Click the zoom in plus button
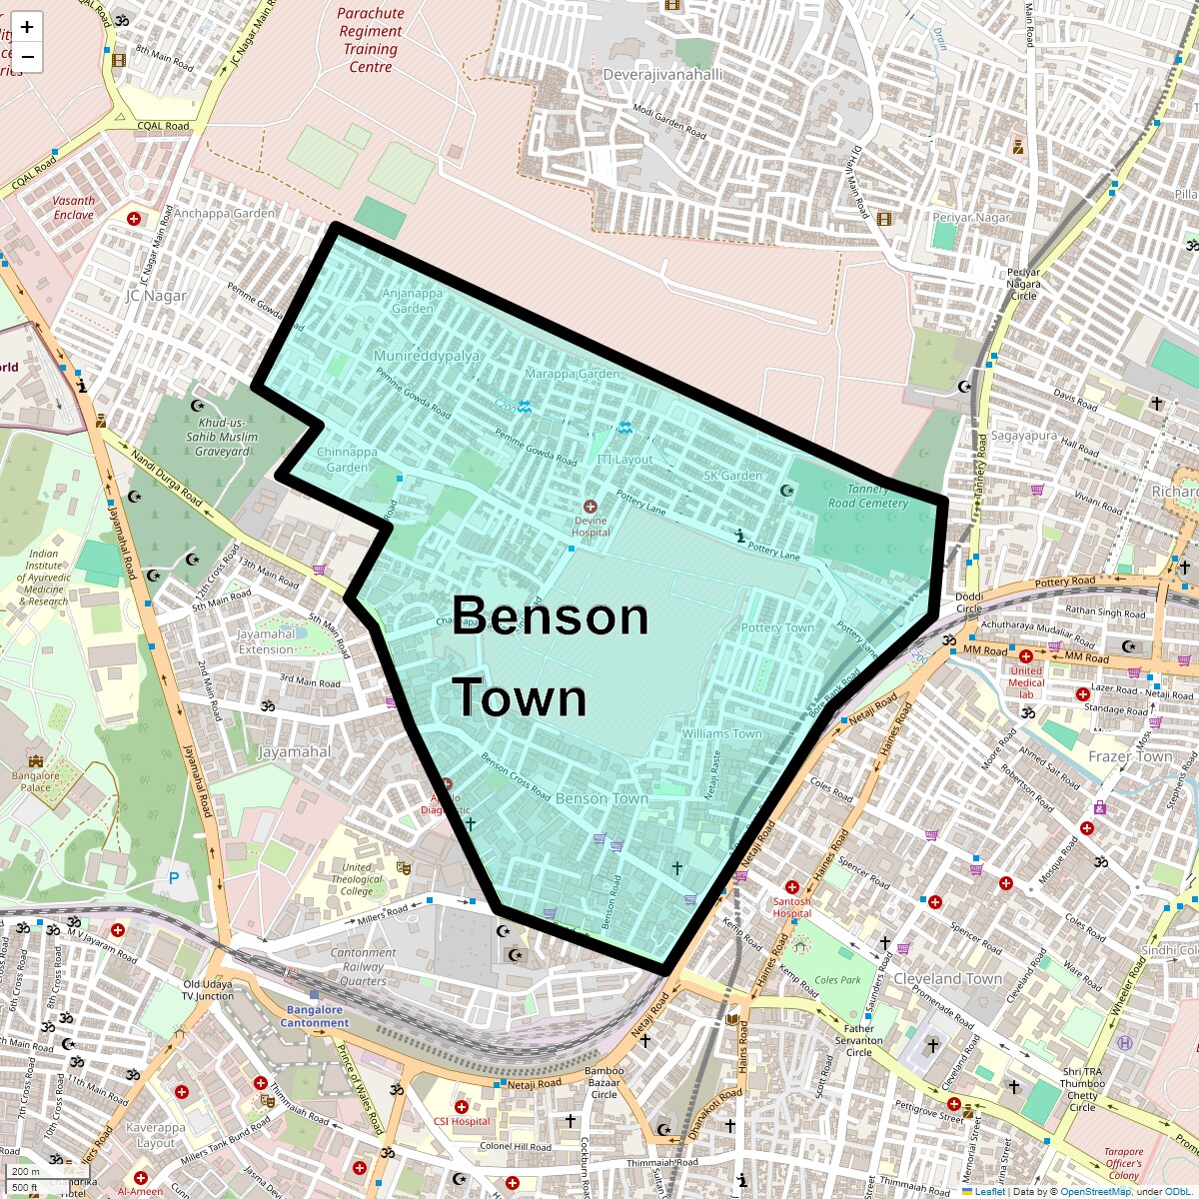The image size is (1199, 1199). pos(27,27)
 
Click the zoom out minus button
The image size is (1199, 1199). pos(27,57)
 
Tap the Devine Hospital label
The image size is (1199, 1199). pos(591,526)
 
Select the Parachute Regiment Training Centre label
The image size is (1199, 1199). pos(371,40)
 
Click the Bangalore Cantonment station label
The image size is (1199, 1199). pos(315,1016)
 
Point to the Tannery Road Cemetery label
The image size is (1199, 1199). pos(867,496)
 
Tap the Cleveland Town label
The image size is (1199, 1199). pos(947,978)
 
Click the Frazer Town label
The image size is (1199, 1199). pos(1130,756)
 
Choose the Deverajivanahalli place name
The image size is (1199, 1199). pos(662,75)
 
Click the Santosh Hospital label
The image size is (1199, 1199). pos(791,907)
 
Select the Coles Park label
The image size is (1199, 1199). pos(837,980)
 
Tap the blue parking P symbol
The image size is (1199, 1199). pos(174,878)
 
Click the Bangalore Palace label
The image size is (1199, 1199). pos(36,781)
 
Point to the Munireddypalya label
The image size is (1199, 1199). pos(427,356)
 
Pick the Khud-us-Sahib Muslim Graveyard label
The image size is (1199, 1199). pos(222,437)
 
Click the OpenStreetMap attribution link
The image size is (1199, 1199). pos(1095,1191)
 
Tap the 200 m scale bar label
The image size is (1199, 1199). pos(26,1172)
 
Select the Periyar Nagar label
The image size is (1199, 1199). pos(971,217)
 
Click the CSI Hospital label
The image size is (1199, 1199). pos(463,1121)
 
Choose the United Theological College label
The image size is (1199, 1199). pos(357,879)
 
